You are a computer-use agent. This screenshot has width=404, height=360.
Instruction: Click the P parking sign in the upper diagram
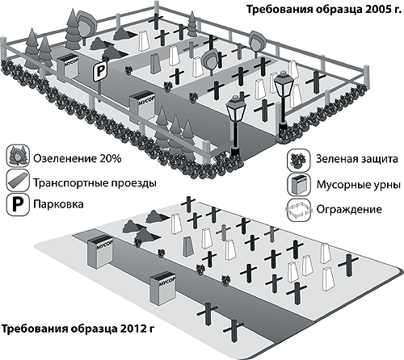(100, 71)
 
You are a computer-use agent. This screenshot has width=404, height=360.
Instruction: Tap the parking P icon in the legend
(18, 205)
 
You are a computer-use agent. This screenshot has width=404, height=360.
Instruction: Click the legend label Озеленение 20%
(78, 158)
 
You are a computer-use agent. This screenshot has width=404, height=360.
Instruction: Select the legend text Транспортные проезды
(95, 183)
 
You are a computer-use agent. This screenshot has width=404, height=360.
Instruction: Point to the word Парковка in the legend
(58, 204)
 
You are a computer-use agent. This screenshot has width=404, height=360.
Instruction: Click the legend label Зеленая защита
(357, 159)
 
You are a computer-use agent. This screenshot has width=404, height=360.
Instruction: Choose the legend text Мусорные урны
(359, 185)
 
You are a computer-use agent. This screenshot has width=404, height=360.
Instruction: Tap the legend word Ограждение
(349, 209)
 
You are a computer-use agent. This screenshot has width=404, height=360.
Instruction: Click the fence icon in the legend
(299, 210)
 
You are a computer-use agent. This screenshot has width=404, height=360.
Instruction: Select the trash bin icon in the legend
(299, 185)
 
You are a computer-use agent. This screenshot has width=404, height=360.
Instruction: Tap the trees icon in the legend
(18, 157)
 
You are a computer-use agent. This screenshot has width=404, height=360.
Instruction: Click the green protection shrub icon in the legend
(299, 160)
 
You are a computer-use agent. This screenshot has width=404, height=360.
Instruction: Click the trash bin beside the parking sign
(68, 66)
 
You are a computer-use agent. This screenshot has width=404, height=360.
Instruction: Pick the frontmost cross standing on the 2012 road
(234, 331)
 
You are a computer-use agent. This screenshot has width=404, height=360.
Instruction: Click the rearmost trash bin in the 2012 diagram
(99, 251)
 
